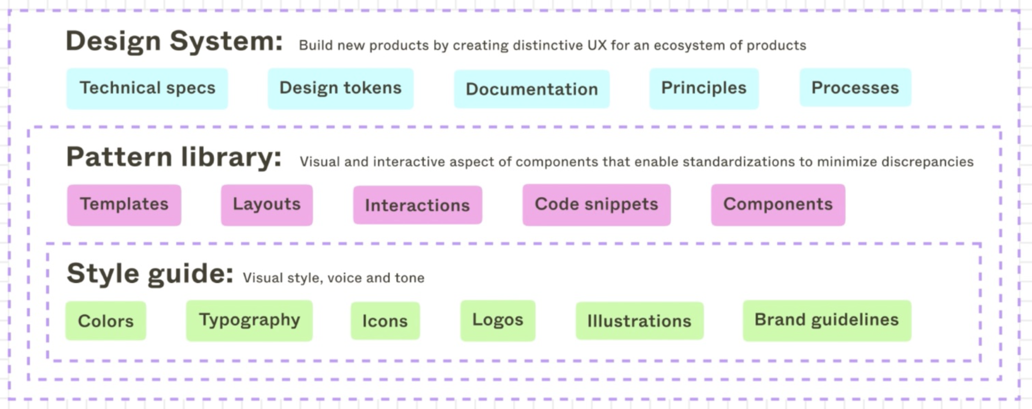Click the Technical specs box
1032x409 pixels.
[x=147, y=88]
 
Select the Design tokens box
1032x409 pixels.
[x=341, y=88]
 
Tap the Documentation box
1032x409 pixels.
[x=531, y=89]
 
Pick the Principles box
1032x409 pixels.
[x=704, y=88]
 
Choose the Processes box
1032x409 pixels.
[x=855, y=88]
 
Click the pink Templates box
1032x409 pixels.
[x=124, y=204]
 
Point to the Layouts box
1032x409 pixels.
[x=267, y=204]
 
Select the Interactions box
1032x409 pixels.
[x=417, y=205]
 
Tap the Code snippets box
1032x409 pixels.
[x=596, y=204]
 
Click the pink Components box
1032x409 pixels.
[x=778, y=204]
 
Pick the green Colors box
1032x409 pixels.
[x=106, y=321]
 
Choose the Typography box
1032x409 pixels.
[x=249, y=320]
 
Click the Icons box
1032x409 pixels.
[x=385, y=321]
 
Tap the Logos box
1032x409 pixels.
[x=498, y=320]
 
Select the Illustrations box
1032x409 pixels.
[x=639, y=321]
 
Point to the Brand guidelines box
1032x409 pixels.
[x=827, y=320]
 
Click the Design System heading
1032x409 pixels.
[x=174, y=41]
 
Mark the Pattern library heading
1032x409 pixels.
[x=174, y=157]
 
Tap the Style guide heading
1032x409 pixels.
[x=150, y=274]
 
